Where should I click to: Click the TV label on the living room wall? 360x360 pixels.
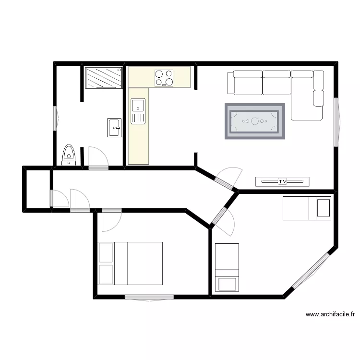click(x=282, y=181)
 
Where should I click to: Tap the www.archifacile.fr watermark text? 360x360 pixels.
click(x=330, y=315)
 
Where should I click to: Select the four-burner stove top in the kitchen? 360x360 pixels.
click(x=164, y=78)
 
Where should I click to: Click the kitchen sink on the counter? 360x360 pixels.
click(x=138, y=111)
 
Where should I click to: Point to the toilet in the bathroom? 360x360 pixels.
click(x=69, y=155)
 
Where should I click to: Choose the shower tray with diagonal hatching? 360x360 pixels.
click(x=104, y=78)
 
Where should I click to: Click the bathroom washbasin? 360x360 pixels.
click(x=115, y=128)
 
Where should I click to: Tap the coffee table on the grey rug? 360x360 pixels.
click(x=255, y=121)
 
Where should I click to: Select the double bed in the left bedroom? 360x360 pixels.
click(x=130, y=263)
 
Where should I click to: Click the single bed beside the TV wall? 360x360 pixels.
click(x=307, y=208)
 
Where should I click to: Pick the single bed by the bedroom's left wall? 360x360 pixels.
click(x=227, y=267)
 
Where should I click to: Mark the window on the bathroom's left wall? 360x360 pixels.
click(x=55, y=118)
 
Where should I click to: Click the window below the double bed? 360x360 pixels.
click(x=149, y=298)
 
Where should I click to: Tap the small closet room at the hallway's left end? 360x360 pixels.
click(x=37, y=188)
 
